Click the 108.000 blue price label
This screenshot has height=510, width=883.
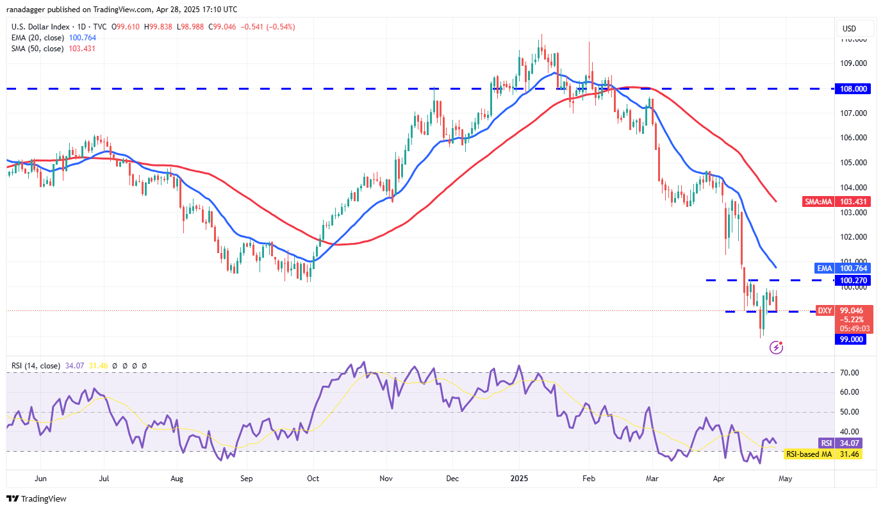[x=852, y=88]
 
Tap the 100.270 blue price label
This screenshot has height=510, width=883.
[x=852, y=280]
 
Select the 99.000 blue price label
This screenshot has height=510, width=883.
[x=850, y=340]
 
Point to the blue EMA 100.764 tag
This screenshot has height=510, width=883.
[x=841, y=267]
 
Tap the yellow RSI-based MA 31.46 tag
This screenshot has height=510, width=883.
[x=823, y=454]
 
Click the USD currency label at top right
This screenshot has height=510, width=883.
[x=849, y=29]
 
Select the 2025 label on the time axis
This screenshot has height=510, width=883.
[x=518, y=478]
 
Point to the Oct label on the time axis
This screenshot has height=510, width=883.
[x=313, y=478]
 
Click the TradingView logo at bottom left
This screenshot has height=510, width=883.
[x=37, y=498]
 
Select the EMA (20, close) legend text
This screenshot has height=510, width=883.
[x=38, y=38]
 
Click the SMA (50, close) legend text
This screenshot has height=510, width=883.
[x=38, y=48]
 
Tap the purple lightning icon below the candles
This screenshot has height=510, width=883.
[x=777, y=347]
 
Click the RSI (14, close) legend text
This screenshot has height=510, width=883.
[x=36, y=366]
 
